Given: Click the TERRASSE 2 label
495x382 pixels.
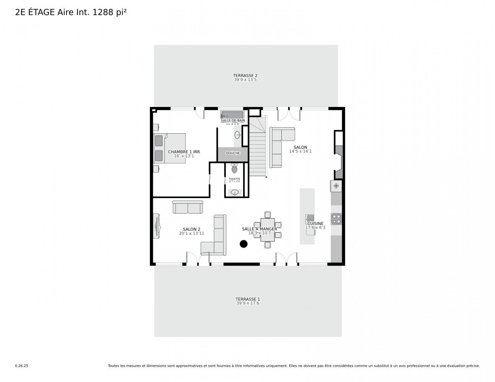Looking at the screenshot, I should pyautogui.click(x=245, y=76).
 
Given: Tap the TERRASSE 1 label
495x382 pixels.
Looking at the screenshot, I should pyautogui.click(x=247, y=299).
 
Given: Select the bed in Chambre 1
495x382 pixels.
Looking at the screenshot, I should pyautogui.click(x=170, y=148).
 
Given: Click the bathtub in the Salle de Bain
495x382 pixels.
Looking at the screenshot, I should pyautogui.click(x=232, y=115).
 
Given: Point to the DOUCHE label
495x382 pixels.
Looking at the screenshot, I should pyautogui.click(x=233, y=153).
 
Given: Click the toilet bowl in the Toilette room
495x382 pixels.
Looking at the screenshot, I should pyautogui.click(x=234, y=169).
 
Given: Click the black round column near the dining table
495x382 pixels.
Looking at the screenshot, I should pyautogui.click(x=243, y=244).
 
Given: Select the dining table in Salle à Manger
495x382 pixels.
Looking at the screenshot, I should pyautogui.click(x=268, y=230).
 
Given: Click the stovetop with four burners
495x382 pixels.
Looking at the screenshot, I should pyautogui.click(x=336, y=219).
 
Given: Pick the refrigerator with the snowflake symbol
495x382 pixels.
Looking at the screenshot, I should pyautogui.click(x=336, y=186).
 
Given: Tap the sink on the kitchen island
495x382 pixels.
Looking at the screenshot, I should pyautogui.click(x=309, y=218).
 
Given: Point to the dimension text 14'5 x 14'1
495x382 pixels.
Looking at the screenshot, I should pyautogui.click(x=300, y=151).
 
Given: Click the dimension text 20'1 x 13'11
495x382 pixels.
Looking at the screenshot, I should pyautogui.click(x=192, y=233).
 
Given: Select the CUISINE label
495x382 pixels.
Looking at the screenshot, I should pyautogui.click(x=315, y=223).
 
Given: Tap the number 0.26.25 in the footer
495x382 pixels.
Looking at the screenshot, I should pyautogui.click(x=21, y=366).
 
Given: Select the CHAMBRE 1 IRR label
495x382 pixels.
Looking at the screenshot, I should pyautogui.click(x=184, y=152).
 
